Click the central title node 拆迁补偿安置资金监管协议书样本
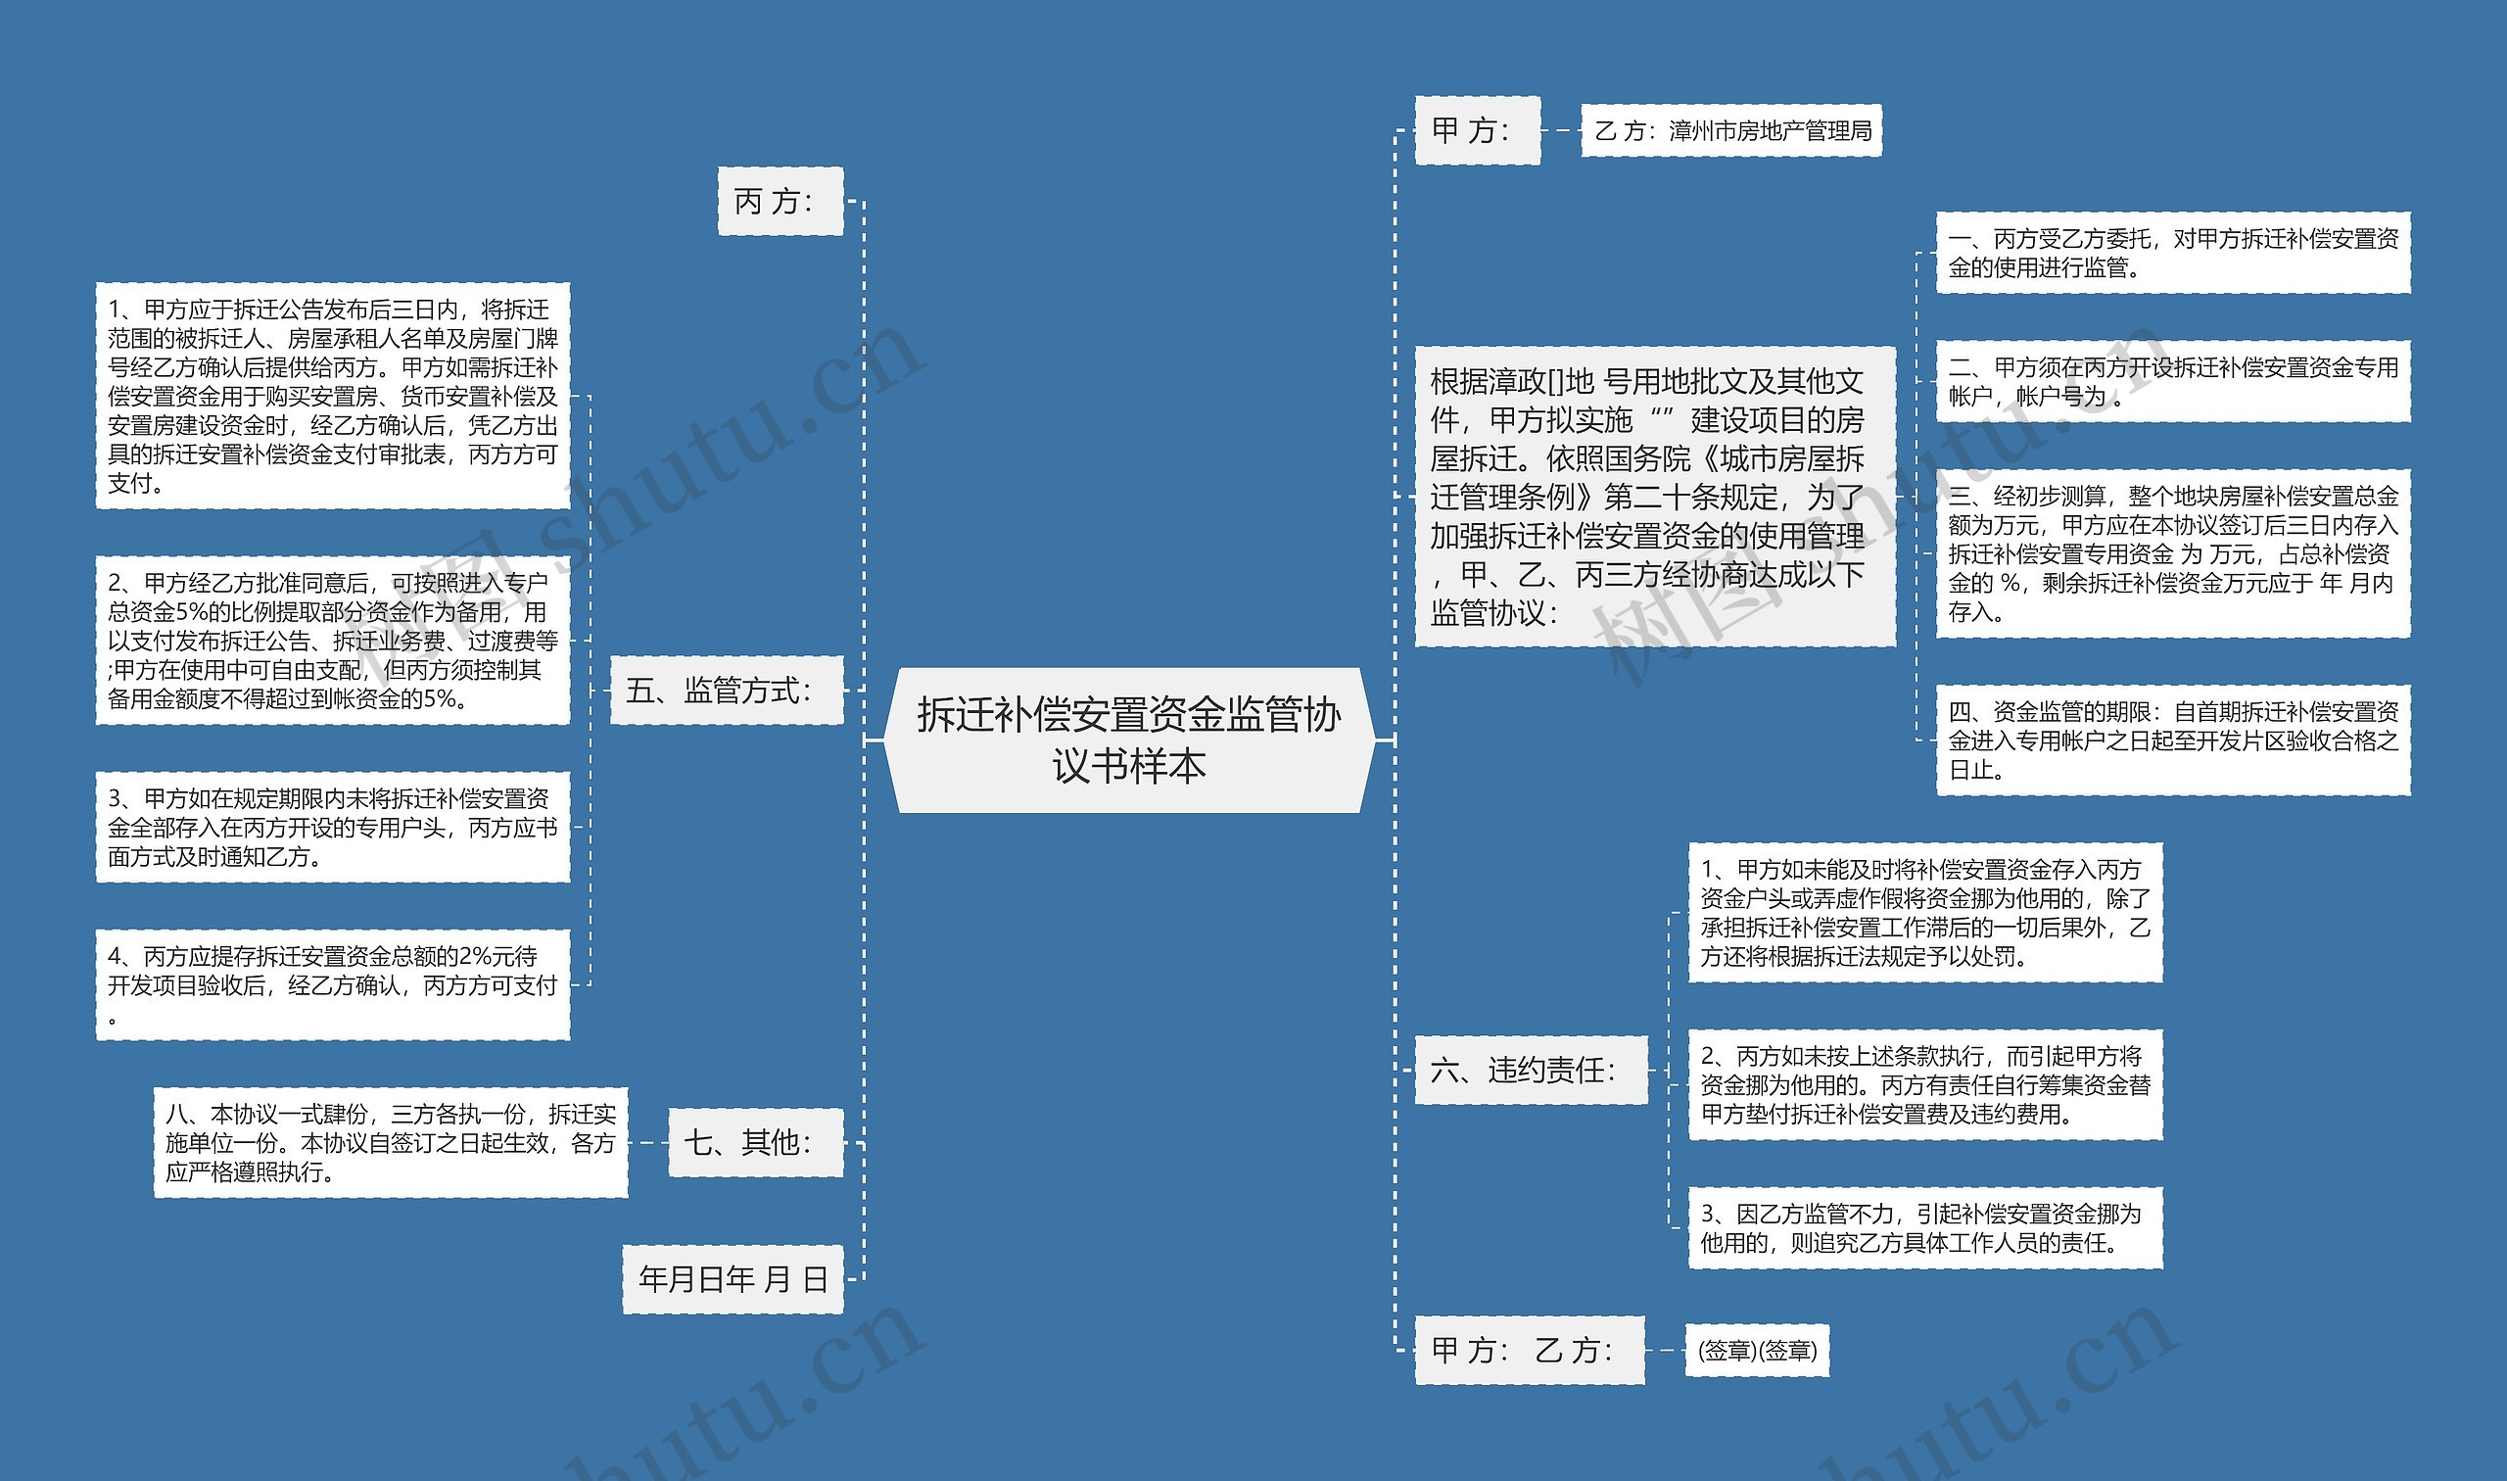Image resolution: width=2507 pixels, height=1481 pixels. point(1128,740)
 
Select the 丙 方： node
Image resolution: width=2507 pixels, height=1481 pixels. point(780,202)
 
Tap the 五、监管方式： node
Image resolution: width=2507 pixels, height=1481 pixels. point(727,690)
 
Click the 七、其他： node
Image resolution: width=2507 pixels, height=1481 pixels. point(755,1142)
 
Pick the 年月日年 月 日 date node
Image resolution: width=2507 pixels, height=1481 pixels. point(733,1278)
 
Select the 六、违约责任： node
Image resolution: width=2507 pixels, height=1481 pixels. point(1531,1070)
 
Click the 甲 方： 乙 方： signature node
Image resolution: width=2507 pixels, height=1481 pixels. point(1529,1350)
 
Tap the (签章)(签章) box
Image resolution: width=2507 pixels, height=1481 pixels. point(1756,1351)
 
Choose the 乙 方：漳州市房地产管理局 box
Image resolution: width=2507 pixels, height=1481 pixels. point(1730,130)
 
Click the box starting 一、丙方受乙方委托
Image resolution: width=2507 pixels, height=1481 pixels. point(2172,253)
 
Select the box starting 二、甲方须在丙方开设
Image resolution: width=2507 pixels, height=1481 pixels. point(2172,381)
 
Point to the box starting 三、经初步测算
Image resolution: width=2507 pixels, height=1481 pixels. point(2172,552)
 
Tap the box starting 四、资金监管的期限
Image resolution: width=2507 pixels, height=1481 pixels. point(2172,740)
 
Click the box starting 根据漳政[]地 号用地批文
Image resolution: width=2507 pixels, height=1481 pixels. point(1654,496)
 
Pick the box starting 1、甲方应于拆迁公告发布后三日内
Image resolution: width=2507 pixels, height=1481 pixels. point(332,396)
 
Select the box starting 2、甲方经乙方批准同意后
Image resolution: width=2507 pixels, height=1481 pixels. point(332,640)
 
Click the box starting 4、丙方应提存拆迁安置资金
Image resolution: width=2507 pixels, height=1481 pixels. point(332,985)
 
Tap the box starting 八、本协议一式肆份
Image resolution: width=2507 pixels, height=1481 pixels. point(390,1142)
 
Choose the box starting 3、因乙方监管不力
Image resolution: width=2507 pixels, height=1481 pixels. point(1924,1227)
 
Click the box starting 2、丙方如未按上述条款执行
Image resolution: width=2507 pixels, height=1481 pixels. point(1924,1085)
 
